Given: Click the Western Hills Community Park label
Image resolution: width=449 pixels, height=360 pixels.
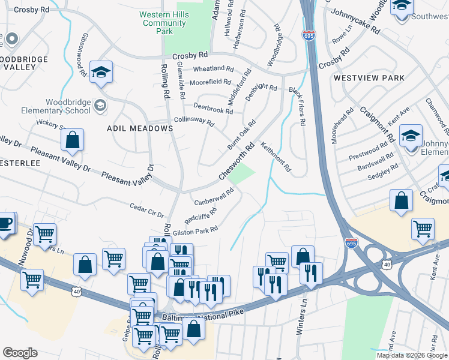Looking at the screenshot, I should pyautogui.click(x=164, y=23).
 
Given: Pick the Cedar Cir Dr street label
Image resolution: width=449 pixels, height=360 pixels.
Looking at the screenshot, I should pyautogui.click(x=147, y=211).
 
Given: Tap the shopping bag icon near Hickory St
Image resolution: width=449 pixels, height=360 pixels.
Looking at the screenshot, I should pyautogui.click(x=72, y=140).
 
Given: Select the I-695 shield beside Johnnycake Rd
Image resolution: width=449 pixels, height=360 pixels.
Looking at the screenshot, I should pyautogui.click(x=309, y=35).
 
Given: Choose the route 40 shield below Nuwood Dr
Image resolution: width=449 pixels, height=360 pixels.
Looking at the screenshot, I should pyautogui.click(x=76, y=291).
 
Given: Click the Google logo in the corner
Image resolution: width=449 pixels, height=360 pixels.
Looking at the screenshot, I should pyautogui.click(x=20, y=353).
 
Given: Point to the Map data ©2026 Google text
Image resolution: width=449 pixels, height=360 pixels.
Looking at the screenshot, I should pyautogui.click(x=411, y=355).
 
